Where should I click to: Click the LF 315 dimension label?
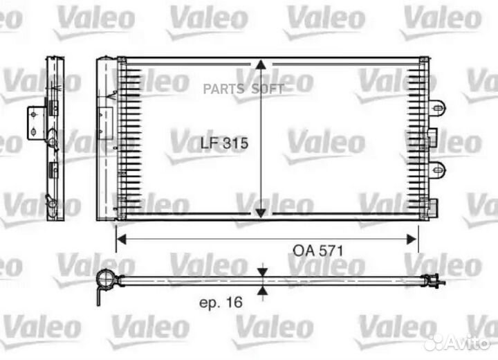(x=224, y=143)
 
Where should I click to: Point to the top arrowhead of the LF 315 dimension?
(x=260, y=64)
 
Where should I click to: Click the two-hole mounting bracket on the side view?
(x=34, y=122)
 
